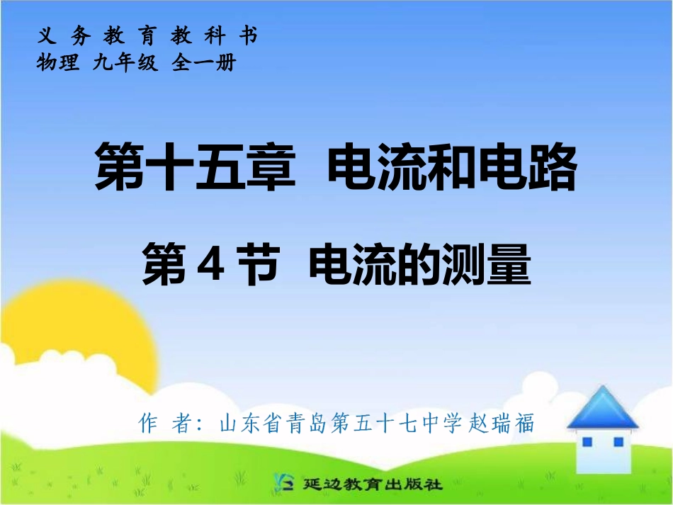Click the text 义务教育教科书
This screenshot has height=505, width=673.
click(x=147, y=35)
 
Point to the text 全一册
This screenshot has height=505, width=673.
click(x=203, y=63)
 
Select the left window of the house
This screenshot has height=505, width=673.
click(x=587, y=443)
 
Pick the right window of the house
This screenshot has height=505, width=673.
click(x=618, y=443)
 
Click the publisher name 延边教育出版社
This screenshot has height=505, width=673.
click(x=371, y=485)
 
